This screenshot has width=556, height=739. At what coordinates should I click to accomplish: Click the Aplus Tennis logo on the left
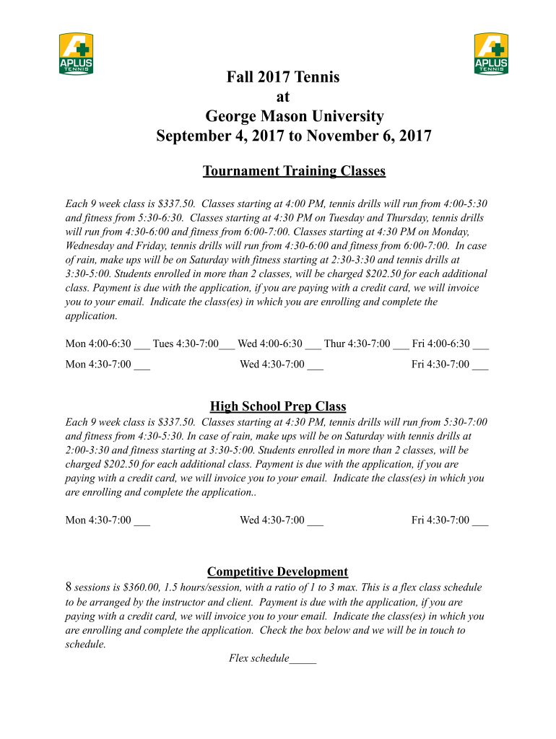coord(76,53)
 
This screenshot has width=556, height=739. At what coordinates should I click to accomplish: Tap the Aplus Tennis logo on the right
coord(491,53)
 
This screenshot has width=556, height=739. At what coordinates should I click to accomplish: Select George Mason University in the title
coord(294,115)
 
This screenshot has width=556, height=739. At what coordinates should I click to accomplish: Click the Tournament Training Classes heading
coord(294,171)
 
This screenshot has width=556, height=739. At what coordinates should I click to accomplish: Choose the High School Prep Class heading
coord(278,406)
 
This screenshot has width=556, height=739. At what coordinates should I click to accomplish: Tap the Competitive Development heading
coord(278,572)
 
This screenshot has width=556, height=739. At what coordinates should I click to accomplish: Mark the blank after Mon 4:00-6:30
coord(142,346)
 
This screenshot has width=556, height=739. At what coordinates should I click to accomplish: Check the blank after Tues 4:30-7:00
coord(227,346)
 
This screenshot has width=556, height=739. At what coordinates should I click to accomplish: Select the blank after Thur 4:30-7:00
coord(401,346)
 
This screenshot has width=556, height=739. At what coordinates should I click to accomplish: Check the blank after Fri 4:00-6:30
coord(480,346)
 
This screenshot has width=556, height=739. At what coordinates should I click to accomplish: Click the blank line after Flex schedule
coord(303,660)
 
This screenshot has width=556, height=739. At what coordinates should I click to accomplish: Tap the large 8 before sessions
coord(69,587)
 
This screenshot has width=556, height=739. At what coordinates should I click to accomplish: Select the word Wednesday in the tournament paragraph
coord(92,245)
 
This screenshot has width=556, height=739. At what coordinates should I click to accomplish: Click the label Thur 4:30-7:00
coord(357,344)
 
